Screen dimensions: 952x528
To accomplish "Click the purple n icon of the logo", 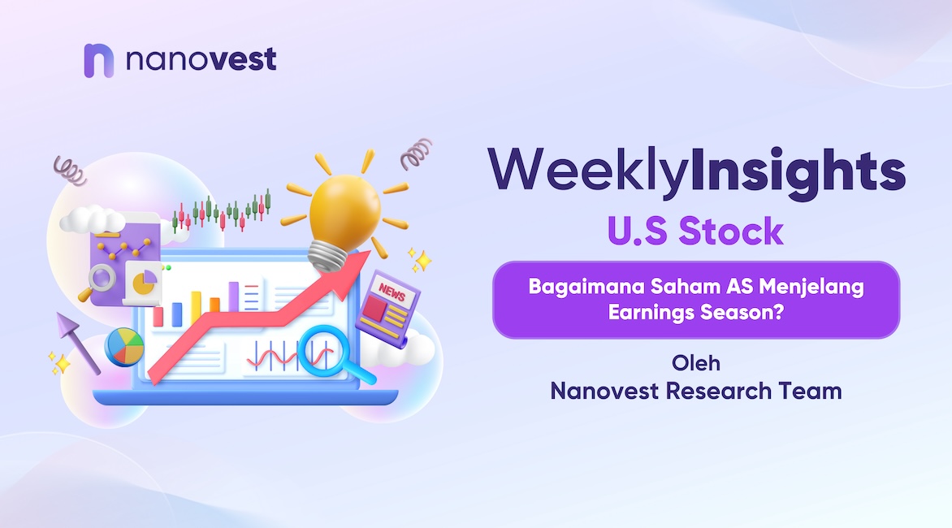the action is (98, 60).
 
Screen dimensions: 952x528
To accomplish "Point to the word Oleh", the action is (696, 363).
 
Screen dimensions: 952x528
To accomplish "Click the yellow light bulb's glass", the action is (344, 209).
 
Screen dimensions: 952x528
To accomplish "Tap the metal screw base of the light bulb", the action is (328, 256).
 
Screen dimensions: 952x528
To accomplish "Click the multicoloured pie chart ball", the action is (124, 347).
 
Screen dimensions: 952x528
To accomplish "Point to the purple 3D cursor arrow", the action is (77, 342).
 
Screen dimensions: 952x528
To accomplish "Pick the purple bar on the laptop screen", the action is (234, 296).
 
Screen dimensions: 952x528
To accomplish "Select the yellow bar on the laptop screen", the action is (196, 307).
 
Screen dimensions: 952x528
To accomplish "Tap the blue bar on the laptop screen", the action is (177, 314).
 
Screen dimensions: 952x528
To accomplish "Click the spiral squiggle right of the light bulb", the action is (417, 154).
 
